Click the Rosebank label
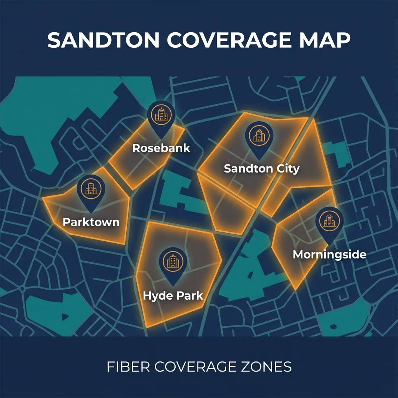(161, 148)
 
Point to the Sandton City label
(262, 169)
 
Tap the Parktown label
(91, 222)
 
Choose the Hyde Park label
(173, 295)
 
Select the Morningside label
(329, 255)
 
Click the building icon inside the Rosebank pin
(161, 113)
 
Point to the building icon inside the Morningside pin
(329, 220)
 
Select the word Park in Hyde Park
(190, 295)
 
